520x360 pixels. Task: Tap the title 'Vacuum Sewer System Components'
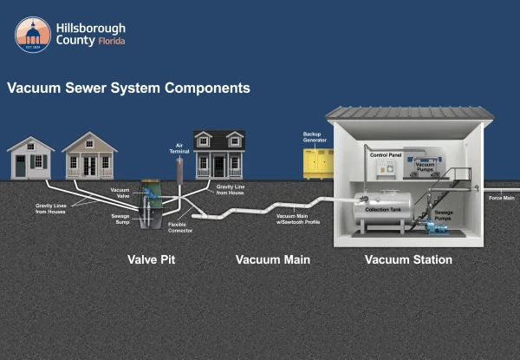click(128, 88)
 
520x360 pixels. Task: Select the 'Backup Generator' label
click(314, 137)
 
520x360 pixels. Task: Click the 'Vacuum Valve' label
click(120, 193)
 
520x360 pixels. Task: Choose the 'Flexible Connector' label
click(180, 227)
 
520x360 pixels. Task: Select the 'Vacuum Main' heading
click(272, 259)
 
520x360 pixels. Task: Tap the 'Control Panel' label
click(386, 154)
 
